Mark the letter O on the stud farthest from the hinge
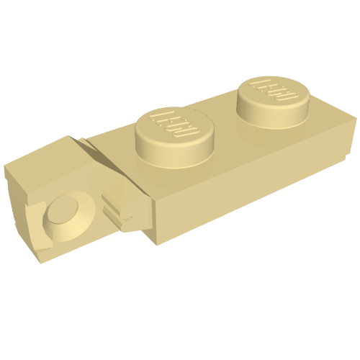click(291, 97)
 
